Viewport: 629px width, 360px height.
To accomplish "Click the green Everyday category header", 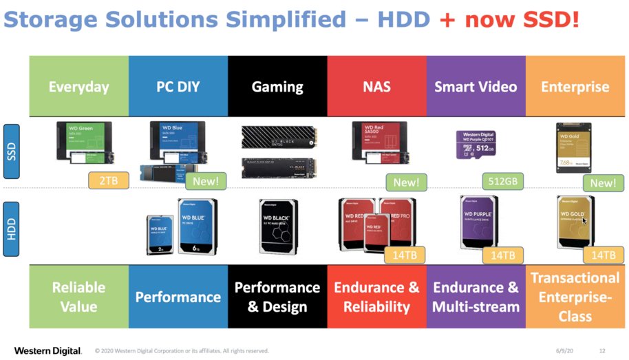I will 78,86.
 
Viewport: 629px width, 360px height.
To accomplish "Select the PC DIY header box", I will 178,86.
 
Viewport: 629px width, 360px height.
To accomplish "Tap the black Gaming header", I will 277,86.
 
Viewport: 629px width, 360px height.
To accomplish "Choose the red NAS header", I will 376,86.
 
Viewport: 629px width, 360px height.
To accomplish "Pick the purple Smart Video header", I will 476,86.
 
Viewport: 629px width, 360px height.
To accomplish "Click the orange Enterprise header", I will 575,86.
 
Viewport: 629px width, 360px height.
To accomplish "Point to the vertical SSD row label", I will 12,151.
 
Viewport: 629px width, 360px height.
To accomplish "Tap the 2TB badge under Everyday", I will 108,182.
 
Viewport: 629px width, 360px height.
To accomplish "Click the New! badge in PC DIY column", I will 206,182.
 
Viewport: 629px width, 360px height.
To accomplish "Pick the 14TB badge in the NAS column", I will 404,255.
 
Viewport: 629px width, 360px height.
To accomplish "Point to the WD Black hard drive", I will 278,225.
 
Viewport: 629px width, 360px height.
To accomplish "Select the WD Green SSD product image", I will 84,142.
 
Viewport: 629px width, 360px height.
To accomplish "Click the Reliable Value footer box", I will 78,297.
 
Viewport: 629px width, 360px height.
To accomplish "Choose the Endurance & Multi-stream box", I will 476,297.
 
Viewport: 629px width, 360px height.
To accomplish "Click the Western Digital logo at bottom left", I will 47,351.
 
